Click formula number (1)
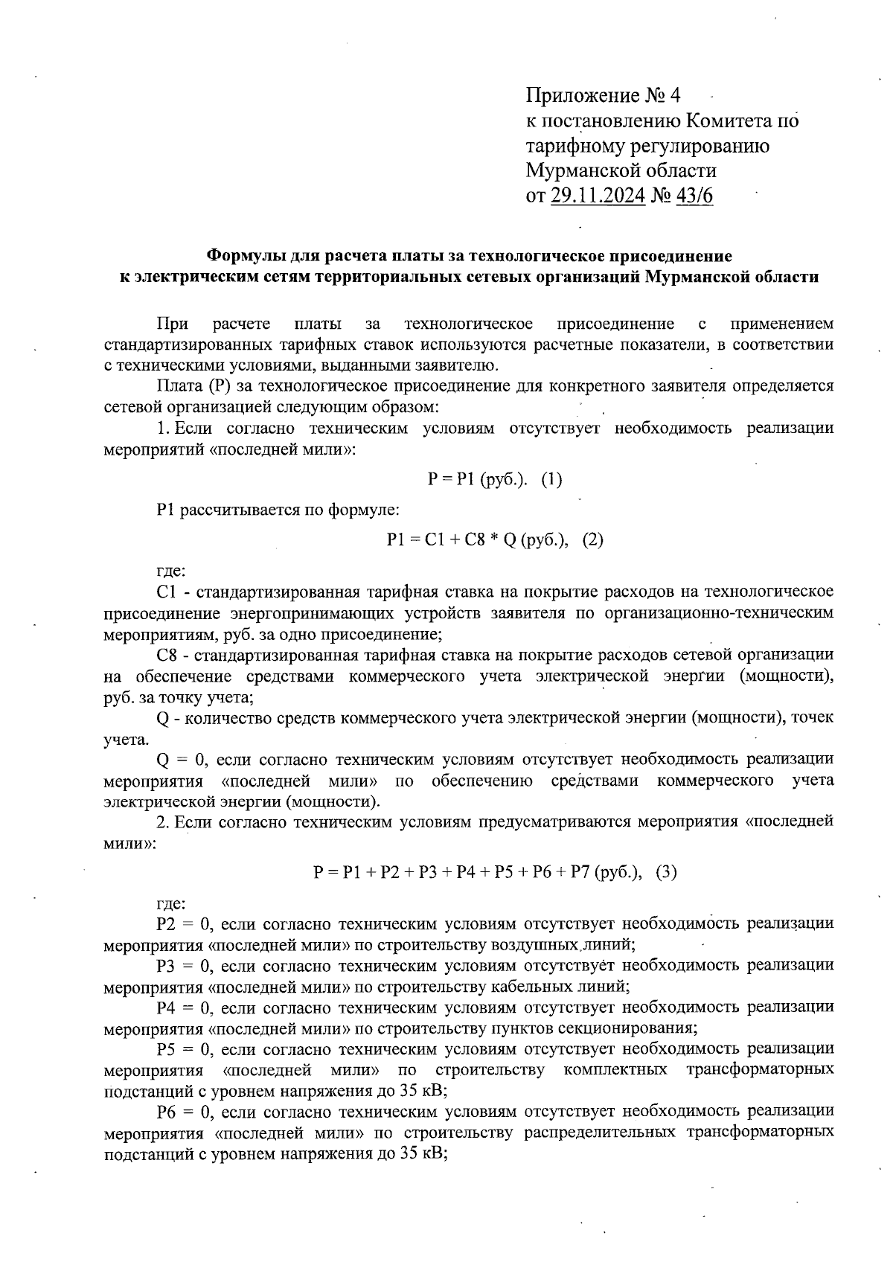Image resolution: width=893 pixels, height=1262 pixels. click(551, 480)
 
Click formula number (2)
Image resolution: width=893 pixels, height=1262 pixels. click(592, 540)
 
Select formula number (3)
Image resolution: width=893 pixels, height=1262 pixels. click(666, 872)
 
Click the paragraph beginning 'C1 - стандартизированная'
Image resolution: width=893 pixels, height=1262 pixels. click(469, 614)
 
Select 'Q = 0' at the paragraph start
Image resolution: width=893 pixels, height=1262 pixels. click(178, 760)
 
